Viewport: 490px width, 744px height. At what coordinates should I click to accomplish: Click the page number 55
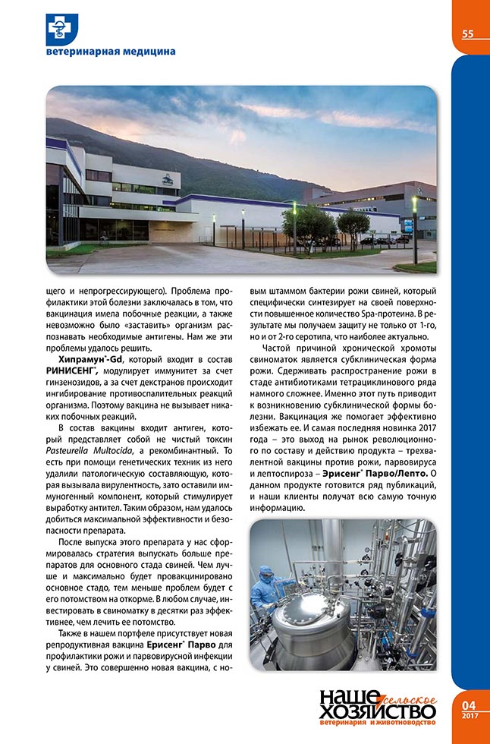click(x=467, y=33)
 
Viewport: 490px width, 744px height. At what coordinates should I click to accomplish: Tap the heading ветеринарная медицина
click(x=111, y=52)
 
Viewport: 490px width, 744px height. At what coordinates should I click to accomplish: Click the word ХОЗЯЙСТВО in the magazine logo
click(x=377, y=712)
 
